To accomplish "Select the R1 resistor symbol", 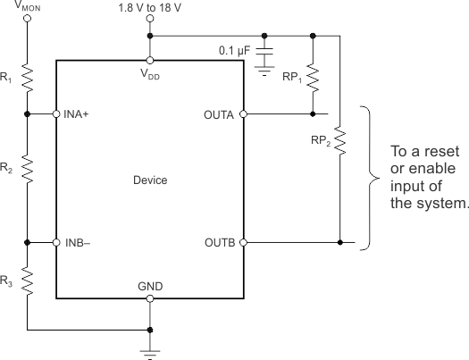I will click(x=29, y=80).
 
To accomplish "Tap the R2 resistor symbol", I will click(x=29, y=166).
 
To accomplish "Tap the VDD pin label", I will click(x=149, y=76).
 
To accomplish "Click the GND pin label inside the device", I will click(x=149, y=286).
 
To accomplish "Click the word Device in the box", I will click(x=149, y=180).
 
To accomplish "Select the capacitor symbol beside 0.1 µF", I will click(x=264, y=59).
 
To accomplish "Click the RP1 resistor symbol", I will click(x=313, y=79).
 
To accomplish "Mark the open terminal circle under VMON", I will click(x=29, y=21).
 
